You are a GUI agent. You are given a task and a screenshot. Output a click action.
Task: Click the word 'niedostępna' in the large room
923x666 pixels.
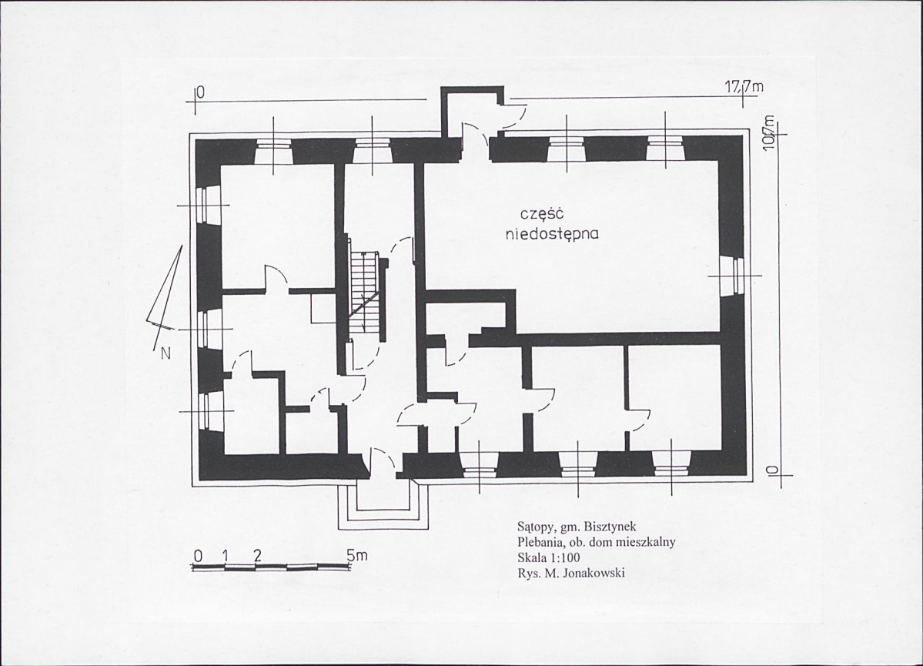click(552, 234)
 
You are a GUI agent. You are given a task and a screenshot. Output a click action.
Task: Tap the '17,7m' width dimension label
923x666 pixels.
click(744, 87)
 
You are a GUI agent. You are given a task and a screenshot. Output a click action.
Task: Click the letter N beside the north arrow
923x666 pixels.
click(166, 354)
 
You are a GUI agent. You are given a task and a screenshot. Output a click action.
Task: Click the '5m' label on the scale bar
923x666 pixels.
click(356, 554)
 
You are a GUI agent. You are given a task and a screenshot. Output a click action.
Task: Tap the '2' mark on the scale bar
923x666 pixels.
click(256, 555)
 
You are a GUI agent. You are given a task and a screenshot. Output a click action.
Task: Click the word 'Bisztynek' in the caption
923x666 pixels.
click(613, 527)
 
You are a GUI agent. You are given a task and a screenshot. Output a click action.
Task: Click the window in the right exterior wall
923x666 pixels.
click(732, 276)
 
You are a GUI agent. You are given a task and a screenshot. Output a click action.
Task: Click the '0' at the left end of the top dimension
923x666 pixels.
click(200, 92)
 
